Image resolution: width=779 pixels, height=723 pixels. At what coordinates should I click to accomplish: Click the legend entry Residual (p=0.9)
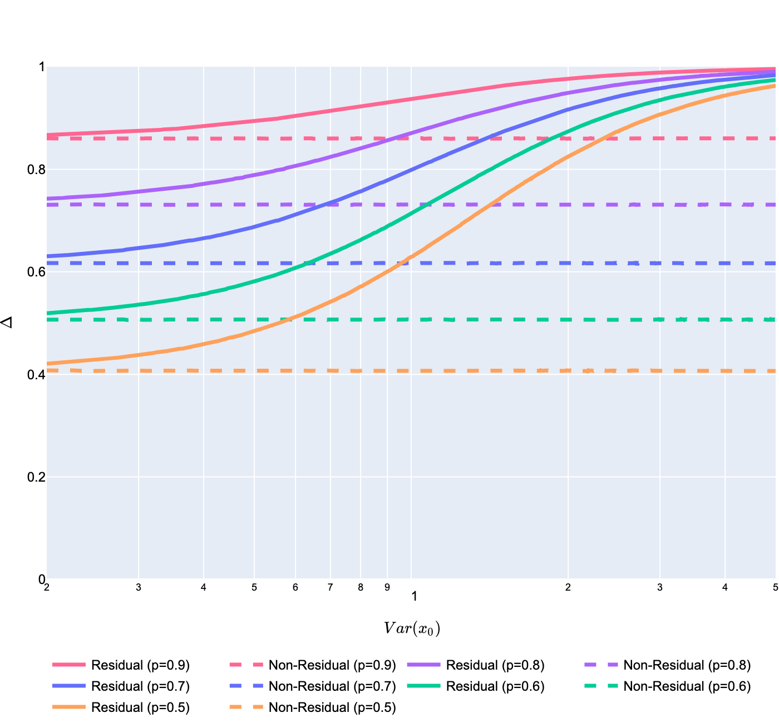[x=140, y=665]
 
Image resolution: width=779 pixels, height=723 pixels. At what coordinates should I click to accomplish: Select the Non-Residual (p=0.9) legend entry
[x=332, y=665]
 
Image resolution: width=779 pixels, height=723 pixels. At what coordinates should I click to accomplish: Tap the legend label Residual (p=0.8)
[x=495, y=665]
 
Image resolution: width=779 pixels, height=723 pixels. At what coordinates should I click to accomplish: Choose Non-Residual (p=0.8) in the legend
[x=687, y=665]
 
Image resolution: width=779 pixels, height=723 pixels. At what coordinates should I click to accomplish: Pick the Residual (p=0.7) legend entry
[x=140, y=686]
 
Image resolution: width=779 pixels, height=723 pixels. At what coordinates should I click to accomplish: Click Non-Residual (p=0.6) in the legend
[x=687, y=686]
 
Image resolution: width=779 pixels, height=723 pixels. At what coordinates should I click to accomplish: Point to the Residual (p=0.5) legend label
[x=140, y=707]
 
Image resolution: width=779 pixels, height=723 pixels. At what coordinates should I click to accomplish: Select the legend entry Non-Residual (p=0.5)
[x=332, y=707]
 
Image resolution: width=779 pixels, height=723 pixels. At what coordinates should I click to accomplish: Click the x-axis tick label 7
[x=331, y=587]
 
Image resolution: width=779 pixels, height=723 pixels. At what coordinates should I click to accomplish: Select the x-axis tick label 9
[x=387, y=587]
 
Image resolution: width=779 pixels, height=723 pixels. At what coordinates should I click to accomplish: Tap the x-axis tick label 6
[x=295, y=587]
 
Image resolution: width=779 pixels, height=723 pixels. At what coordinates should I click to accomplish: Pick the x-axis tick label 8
[x=361, y=587]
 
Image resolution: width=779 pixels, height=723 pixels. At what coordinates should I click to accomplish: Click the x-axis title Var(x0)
[x=412, y=628]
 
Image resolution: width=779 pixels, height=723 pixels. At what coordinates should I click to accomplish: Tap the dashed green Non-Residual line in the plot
[x=501, y=320]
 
